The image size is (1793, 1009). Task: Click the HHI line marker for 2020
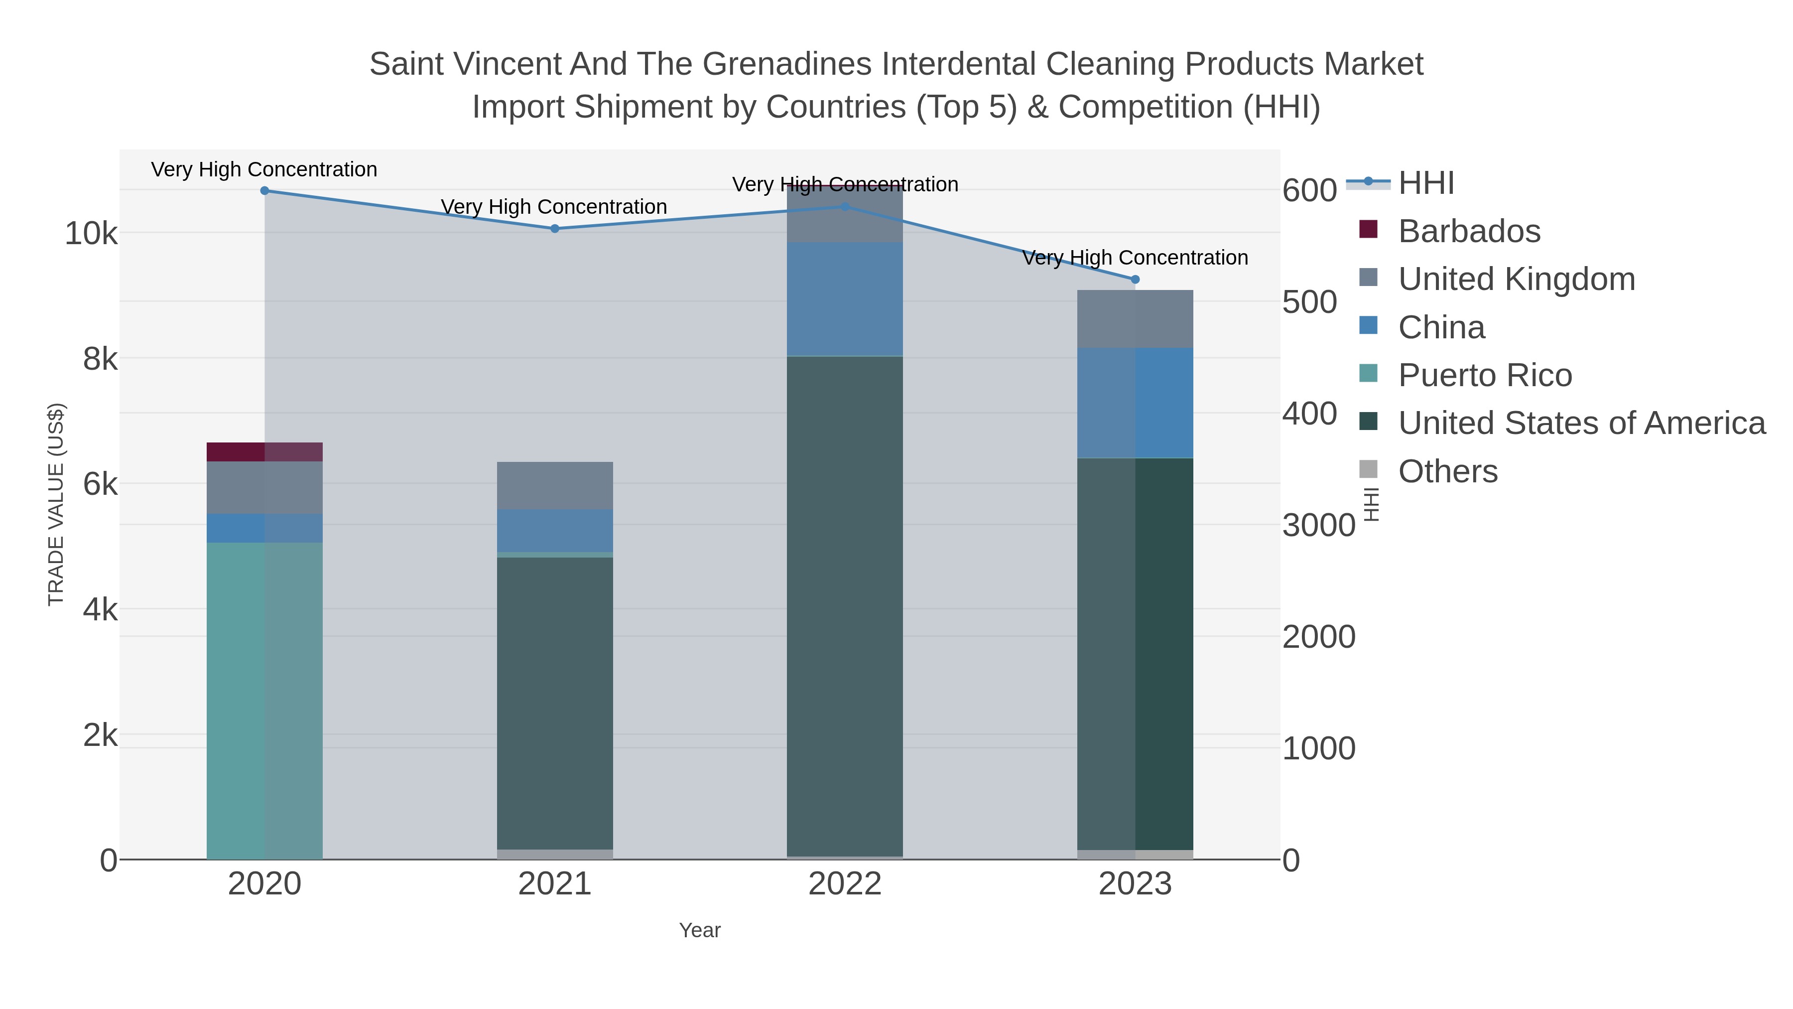coord(264,191)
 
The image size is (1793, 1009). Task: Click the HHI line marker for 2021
coord(555,228)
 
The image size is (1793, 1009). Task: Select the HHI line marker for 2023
coord(1135,279)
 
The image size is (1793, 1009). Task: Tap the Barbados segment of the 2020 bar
coord(264,452)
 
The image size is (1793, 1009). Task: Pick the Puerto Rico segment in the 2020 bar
coord(264,700)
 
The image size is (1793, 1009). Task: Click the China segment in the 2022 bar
coord(845,299)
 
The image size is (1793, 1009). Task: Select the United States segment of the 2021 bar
coord(555,703)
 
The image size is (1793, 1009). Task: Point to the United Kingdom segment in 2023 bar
coord(1135,319)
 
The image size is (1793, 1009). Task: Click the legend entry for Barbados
coord(1469,231)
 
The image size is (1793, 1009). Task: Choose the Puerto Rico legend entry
coord(1485,375)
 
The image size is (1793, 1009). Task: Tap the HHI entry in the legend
coord(1425,183)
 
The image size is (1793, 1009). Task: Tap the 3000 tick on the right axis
coord(1318,526)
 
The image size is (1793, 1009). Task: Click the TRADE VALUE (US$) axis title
coord(56,504)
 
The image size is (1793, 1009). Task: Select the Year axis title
coord(700,930)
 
